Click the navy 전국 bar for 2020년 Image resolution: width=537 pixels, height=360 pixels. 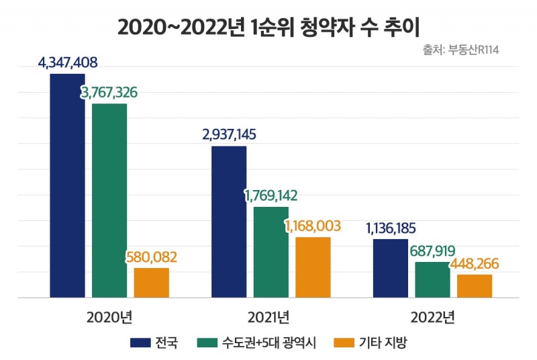67,185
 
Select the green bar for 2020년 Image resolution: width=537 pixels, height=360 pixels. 109,200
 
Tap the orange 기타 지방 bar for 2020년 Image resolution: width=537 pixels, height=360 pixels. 151,282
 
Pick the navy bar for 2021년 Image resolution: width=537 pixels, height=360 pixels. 229,222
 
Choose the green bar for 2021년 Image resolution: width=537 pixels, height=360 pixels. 271,252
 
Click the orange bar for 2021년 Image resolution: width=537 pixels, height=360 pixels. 313,267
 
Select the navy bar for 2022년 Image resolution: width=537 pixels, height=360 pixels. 390,268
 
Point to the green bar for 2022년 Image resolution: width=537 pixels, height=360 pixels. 432,279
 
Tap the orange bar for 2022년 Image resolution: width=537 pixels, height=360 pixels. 475,285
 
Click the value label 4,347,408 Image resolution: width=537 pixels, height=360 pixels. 68,64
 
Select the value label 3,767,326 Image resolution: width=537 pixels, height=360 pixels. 109,93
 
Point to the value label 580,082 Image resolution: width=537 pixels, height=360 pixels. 152,257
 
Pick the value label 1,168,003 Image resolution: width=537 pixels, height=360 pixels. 313,226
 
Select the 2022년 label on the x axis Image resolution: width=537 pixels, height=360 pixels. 432,316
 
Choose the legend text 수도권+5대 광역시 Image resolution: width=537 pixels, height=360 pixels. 266,343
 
